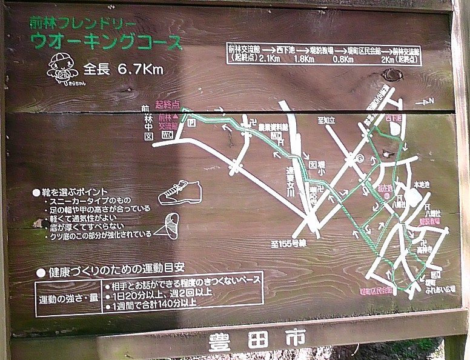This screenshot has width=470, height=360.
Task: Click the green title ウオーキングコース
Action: coord(107,42)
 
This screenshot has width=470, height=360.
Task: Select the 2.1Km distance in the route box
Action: coord(269,59)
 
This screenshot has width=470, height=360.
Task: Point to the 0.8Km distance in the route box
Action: coord(343,59)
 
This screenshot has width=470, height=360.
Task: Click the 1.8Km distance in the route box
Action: coord(303,59)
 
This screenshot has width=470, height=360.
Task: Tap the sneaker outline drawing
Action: coord(179,193)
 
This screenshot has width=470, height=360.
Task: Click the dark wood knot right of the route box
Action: coord(392,75)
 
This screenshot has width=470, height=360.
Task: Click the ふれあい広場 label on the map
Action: coord(434,289)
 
